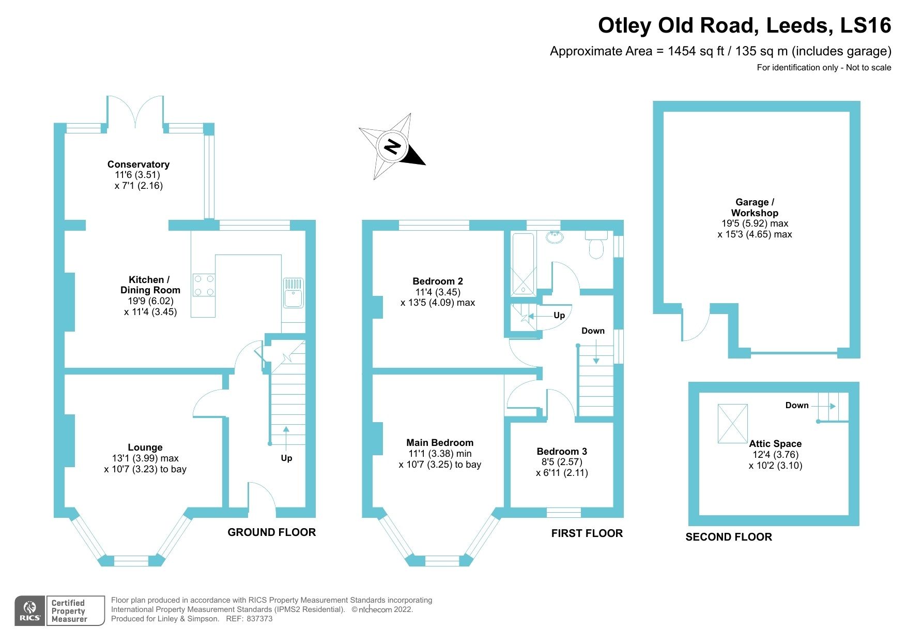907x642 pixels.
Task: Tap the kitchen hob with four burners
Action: coord(203,285)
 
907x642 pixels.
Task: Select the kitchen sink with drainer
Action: coord(293,293)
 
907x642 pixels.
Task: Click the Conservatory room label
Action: coord(138,164)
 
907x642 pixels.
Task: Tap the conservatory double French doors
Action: coord(135,111)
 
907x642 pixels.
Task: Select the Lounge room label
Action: coord(145,447)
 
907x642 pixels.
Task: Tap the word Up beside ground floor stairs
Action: coord(286,458)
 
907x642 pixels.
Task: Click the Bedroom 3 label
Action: coord(562,451)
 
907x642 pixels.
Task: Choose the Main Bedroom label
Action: coord(440,442)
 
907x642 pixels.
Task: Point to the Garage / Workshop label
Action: coord(755,207)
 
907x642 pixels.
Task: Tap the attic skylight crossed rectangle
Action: coord(732,424)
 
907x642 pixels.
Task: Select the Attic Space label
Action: coord(775,443)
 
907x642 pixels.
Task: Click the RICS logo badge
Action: coord(30,610)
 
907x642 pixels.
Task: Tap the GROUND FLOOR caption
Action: coord(271,532)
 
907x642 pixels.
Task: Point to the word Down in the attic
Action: coord(796,405)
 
